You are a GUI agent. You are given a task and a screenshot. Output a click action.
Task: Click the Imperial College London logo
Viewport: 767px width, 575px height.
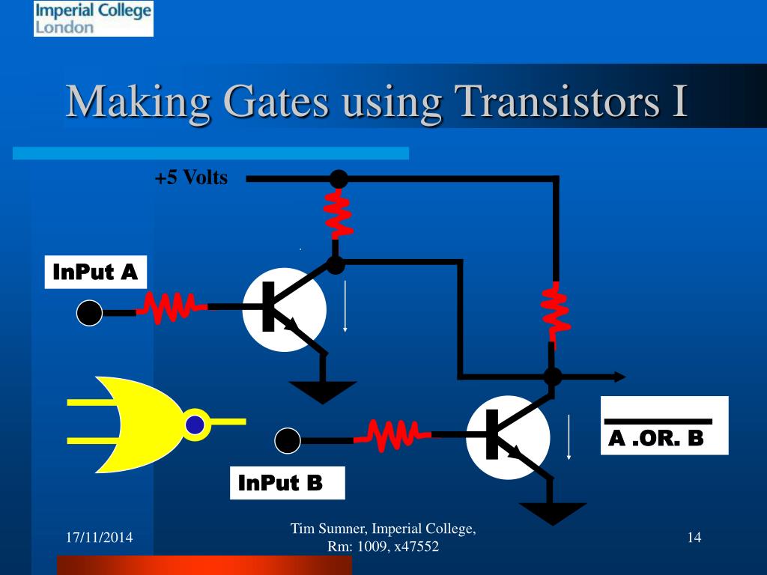click(93, 19)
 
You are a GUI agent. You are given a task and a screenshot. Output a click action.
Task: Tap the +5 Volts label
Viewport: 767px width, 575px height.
click(191, 178)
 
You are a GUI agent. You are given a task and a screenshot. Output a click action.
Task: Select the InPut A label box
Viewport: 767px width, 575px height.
click(95, 273)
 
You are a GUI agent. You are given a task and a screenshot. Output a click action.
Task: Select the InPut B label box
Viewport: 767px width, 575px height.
click(286, 483)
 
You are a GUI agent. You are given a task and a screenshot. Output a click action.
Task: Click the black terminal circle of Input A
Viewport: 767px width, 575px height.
click(89, 313)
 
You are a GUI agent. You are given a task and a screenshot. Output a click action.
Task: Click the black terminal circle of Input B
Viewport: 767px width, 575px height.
click(287, 441)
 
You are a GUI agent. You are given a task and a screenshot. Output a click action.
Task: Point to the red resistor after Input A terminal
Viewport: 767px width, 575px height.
click(167, 308)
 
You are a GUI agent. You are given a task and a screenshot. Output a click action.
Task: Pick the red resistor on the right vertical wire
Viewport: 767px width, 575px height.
click(554, 311)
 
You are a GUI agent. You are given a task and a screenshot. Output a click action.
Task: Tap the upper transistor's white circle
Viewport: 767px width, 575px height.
click(284, 309)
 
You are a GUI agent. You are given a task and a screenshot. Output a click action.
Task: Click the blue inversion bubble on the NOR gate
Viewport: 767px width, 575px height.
click(195, 425)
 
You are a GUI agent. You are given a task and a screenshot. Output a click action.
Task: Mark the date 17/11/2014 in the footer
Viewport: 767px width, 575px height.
click(95, 537)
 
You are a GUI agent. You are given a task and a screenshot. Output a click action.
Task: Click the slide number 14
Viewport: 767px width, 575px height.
click(694, 537)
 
